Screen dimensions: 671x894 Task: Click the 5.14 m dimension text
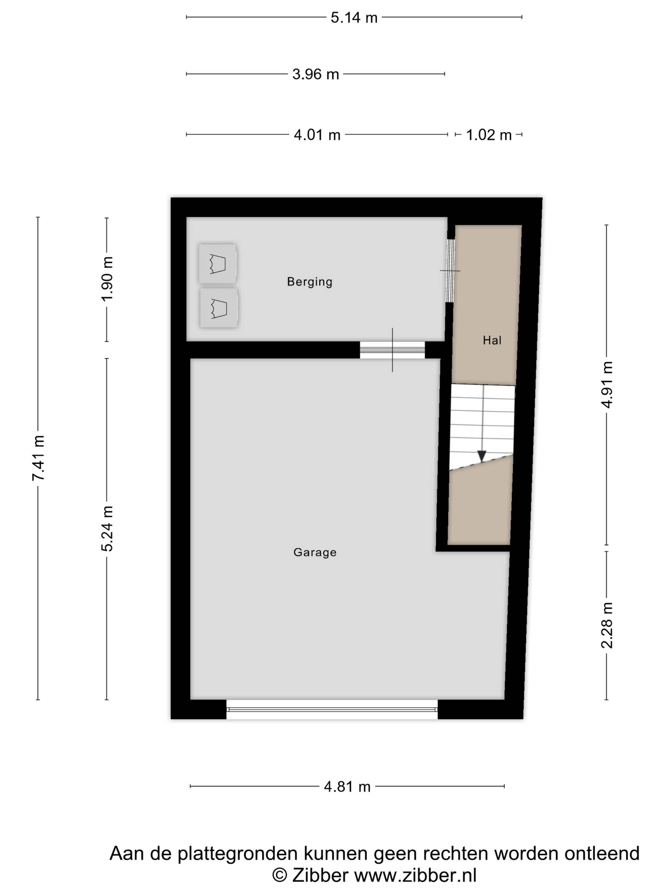click(x=354, y=18)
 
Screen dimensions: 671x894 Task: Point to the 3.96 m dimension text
click(x=315, y=74)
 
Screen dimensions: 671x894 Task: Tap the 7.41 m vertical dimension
click(x=38, y=458)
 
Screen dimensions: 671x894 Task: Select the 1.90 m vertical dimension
click(x=107, y=279)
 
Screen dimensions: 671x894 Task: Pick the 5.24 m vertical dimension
click(x=107, y=529)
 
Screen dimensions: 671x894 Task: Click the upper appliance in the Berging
click(x=218, y=263)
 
